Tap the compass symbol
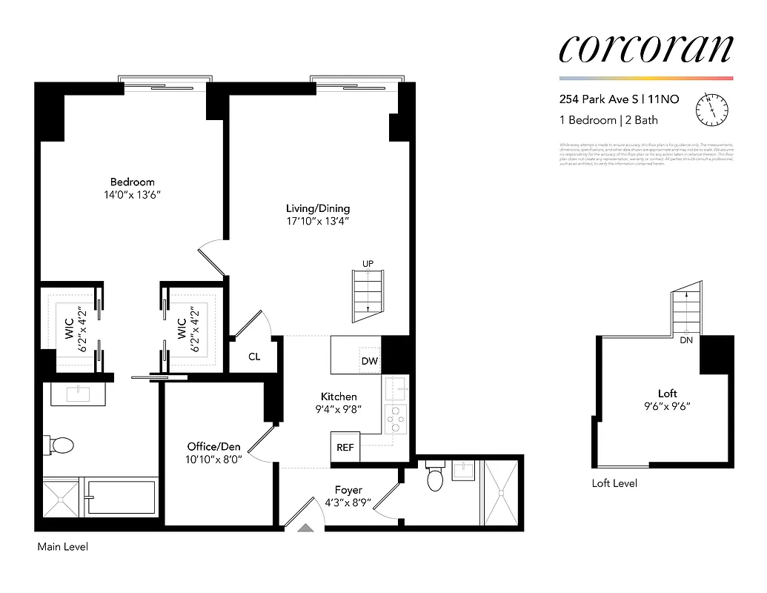coord(711,109)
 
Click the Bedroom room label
coord(133,182)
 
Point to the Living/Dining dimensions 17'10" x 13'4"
coord(318,221)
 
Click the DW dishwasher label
coord(369,361)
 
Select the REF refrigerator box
coord(345,447)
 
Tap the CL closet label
coord(254,357)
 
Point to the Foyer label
coord(348,490)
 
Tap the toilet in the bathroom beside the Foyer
coord(435,480)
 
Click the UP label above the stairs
coord(368,264)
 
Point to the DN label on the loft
coord(687,341)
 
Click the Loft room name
coord(668,394)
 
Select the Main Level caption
coord(62,547)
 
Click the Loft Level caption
coord(614,483)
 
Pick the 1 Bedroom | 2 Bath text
coord(608,120)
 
